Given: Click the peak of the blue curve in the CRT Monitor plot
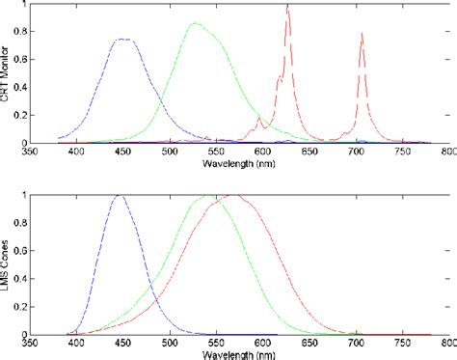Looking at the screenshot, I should coord(123,40).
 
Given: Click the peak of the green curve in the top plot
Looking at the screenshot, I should coord(196,23).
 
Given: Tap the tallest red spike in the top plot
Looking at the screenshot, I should coord(287,6).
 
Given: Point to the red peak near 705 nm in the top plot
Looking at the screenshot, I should coord(362,34).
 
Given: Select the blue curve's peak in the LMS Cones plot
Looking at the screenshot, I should coord(120,195).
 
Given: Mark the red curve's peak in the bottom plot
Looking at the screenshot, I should coord(232,195).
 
